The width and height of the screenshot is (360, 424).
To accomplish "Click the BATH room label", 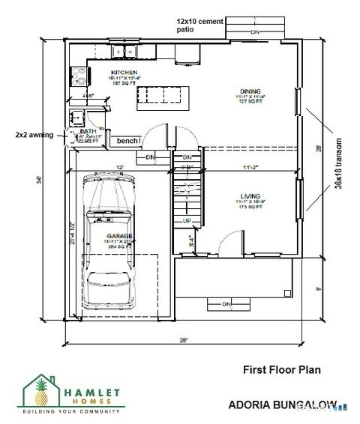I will (88, 131).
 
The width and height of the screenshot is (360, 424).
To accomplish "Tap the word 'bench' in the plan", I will (127, 140).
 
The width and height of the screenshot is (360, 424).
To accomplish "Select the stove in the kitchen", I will (78, 75).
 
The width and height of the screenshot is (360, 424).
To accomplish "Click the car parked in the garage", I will (109, 240).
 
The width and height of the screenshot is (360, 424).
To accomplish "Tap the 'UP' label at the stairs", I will (187, 220).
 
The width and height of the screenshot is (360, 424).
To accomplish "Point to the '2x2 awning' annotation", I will (34, 135).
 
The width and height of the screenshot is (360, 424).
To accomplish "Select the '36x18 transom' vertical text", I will (338, 163).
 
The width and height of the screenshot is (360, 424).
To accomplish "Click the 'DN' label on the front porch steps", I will (226, 303).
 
